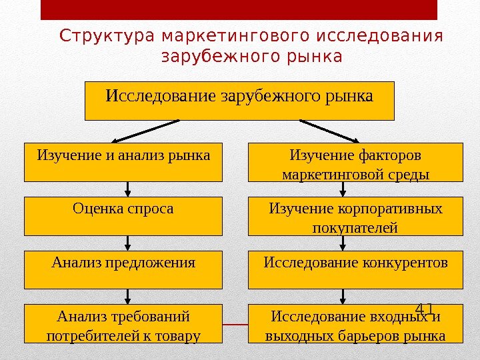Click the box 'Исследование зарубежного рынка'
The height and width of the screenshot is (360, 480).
point(240,100)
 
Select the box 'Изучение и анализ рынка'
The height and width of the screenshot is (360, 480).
point(123,161)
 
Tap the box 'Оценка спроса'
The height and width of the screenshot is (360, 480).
point(123,215)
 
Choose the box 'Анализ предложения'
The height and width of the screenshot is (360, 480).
point(123,269)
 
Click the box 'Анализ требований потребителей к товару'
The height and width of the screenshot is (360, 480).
point(123,323)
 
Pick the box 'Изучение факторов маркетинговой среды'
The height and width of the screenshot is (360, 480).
point(355,161)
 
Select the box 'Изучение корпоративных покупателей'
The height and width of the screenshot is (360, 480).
point(355,215)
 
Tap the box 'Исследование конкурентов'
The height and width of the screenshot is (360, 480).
point(355,269)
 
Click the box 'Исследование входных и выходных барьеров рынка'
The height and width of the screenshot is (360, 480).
point(355,323)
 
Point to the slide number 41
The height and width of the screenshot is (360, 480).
point(425,309)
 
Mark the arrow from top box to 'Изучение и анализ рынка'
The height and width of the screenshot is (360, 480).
point(146,131)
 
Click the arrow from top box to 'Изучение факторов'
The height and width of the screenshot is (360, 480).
point(333,131)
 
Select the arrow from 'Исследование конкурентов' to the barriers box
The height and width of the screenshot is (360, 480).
point(343,296)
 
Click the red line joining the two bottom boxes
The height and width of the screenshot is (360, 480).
point(235,324)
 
